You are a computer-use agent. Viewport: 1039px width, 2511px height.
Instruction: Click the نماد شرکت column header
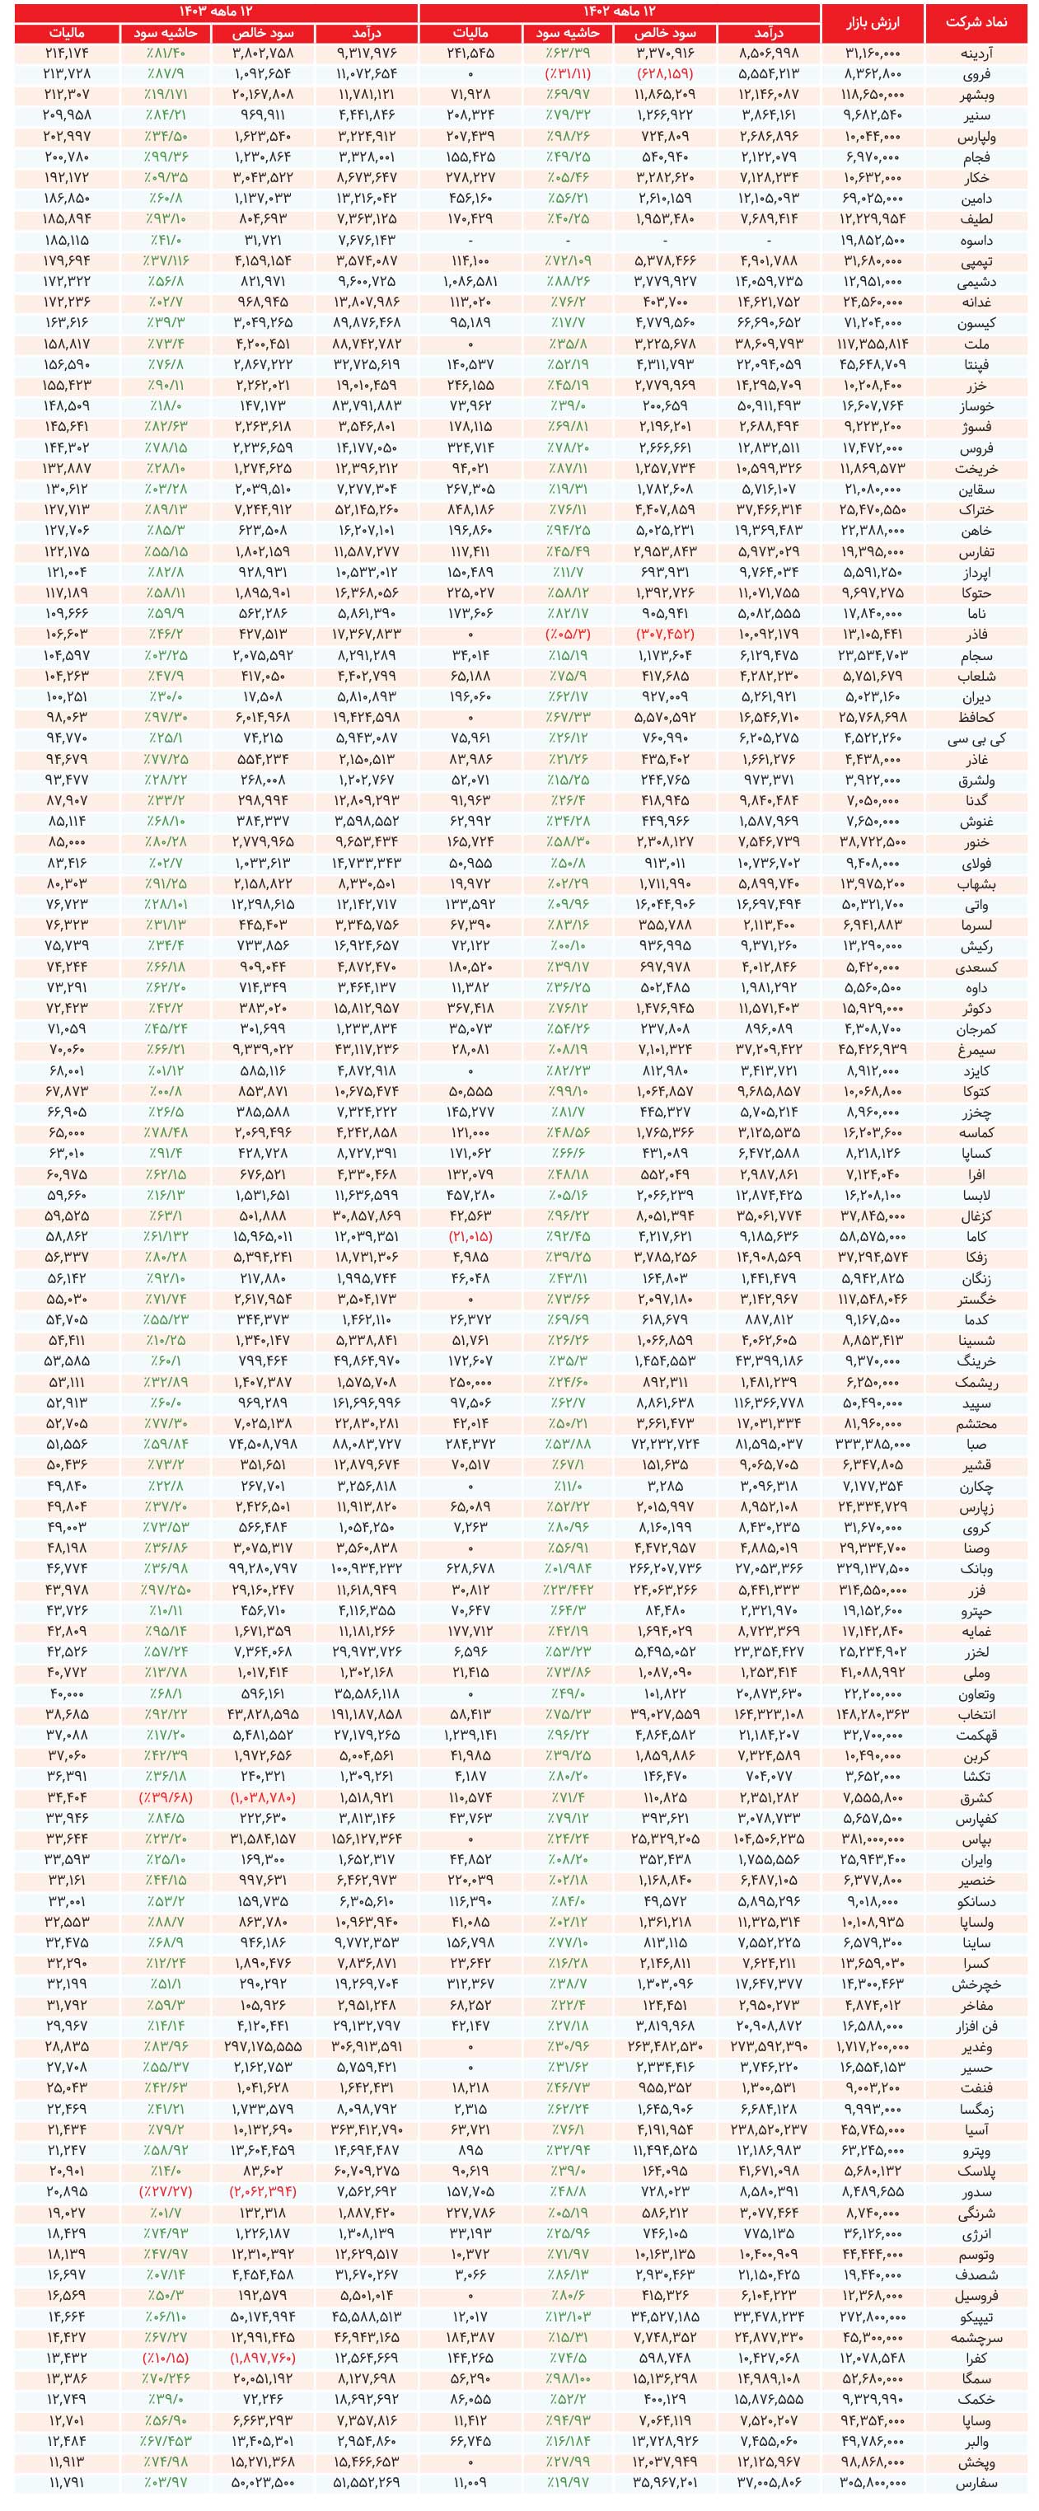975,21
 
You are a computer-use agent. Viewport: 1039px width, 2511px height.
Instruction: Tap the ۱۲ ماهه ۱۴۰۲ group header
618,11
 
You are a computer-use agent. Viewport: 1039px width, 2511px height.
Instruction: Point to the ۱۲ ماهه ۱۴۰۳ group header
217,11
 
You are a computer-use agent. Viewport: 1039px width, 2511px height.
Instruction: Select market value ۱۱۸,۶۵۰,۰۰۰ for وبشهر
873,95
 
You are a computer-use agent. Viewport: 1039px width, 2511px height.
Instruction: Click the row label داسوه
976,240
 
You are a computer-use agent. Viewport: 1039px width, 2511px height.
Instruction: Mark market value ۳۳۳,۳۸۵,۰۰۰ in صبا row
873,1444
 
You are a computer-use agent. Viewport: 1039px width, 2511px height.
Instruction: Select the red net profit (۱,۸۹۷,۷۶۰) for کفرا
262,2357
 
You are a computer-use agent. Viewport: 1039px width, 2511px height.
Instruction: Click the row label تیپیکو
975,2316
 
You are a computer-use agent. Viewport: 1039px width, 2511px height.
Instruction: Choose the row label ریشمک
975,1381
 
